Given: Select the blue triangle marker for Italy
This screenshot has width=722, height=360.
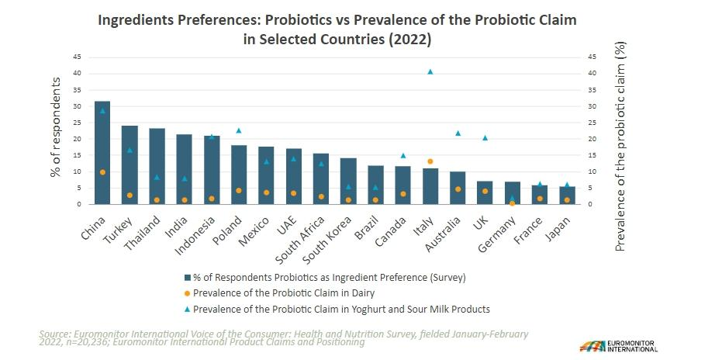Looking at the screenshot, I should click(430, 71).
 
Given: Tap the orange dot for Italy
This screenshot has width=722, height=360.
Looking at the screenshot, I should click(430, 161).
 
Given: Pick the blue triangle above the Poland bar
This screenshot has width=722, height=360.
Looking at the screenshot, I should click(238, 130).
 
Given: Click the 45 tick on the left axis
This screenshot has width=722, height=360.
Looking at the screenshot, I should click(78, 57).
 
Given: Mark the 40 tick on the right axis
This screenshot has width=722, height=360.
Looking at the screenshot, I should click(592, 74).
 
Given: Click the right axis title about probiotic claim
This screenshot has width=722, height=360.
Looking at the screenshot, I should click(620, 147).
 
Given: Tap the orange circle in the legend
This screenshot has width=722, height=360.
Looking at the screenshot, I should click(186, 293).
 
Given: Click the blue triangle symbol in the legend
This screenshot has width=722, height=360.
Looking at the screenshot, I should click(186, 309).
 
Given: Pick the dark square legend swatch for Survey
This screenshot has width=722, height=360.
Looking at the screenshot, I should click(186, 277).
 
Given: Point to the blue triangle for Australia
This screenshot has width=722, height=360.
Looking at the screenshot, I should click(458, 133).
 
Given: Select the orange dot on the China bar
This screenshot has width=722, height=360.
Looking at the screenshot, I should click(102, 172).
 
